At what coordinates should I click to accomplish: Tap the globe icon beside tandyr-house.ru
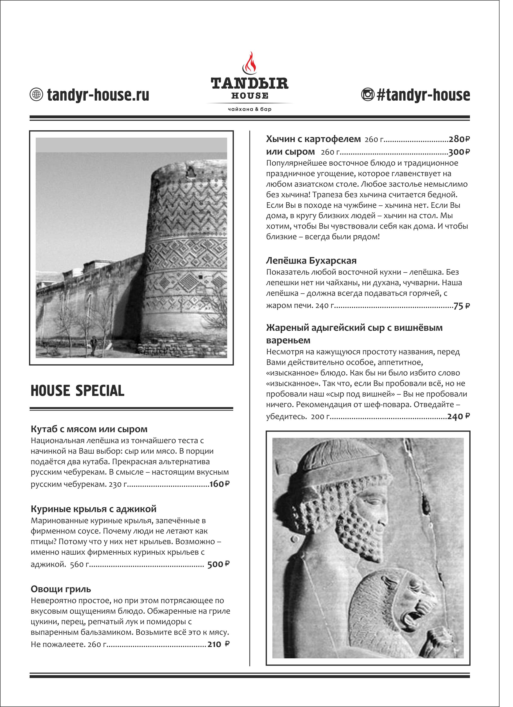coord(36,94)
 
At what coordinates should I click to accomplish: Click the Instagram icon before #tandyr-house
coord(368,94)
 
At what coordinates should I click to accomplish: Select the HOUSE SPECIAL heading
coord(77,391)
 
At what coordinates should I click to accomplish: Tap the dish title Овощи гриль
coord(61,589)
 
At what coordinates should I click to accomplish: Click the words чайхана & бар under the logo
coord(250,109)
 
